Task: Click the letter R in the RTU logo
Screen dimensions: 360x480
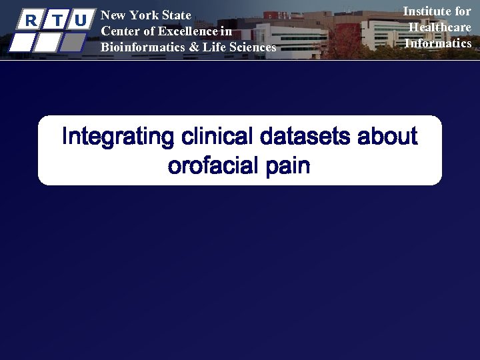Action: pyautogui.click(x=29, y=20)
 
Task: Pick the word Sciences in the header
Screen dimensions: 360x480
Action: pyautogui.click(x=251, y=47)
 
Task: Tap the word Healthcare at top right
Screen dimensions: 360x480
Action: pyautogui.click(x=440, y=27)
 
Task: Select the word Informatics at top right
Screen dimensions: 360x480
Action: pyautogui.click(x=438, y=43)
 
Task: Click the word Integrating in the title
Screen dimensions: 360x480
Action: pyautogui.click(x=117, y=137)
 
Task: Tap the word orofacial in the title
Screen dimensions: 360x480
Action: pyautogui.click(x=212, y=165)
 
